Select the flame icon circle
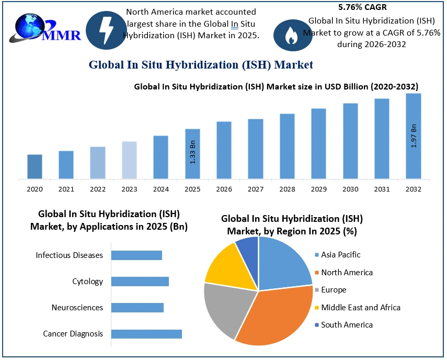(x=290, y=35)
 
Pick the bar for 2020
(x=35, y=166)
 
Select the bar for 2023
(x=129, y=160)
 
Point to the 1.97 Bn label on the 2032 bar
(x=414, y=136)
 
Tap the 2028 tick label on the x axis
(x=287, y=189)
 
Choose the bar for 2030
(x=350, y=141)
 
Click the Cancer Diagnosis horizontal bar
(x=146, y=334)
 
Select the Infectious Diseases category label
(x=69, y=255)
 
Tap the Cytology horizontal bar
(x=140, y=282)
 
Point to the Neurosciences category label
(x=77, y=308)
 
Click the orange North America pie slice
(x=277, y=317)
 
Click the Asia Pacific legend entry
(x=340, y=255)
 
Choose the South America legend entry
(x=347, y=325)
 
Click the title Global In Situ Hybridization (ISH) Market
(x=201, y=65)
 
